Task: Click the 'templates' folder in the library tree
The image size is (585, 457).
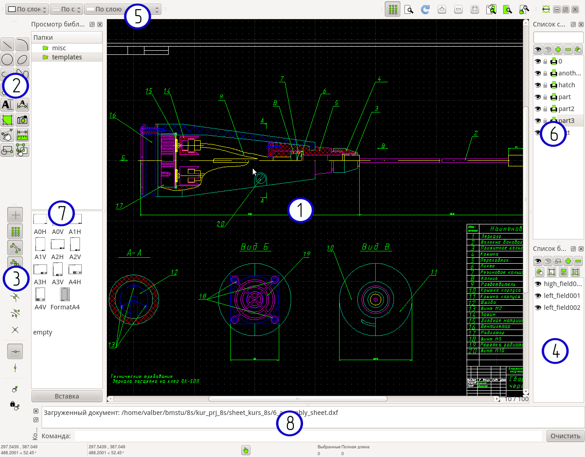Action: pos(67,57)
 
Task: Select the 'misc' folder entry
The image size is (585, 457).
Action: pos(59,48)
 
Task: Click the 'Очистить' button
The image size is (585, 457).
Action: pos(565,436)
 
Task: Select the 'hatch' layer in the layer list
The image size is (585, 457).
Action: pos(566,85)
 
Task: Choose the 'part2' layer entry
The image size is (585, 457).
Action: pos(566,109)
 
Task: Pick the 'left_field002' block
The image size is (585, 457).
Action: pos(562,308)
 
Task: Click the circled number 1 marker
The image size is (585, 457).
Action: pos(300,210)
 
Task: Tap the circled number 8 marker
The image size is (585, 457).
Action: pos(290,424)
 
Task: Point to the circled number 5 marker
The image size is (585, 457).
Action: pos(137,16)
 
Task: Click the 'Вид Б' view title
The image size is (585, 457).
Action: pos(255,247)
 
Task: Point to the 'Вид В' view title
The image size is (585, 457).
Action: pos(376,247)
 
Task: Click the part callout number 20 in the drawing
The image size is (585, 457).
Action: pos(221,224)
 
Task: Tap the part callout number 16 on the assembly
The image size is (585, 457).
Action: pos(112,116)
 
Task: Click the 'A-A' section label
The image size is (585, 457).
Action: pos(134,253)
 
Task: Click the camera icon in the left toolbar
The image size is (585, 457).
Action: pos(22,120)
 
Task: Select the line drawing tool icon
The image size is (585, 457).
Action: pos(7,44)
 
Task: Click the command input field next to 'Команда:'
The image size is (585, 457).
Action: pos(308,436)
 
